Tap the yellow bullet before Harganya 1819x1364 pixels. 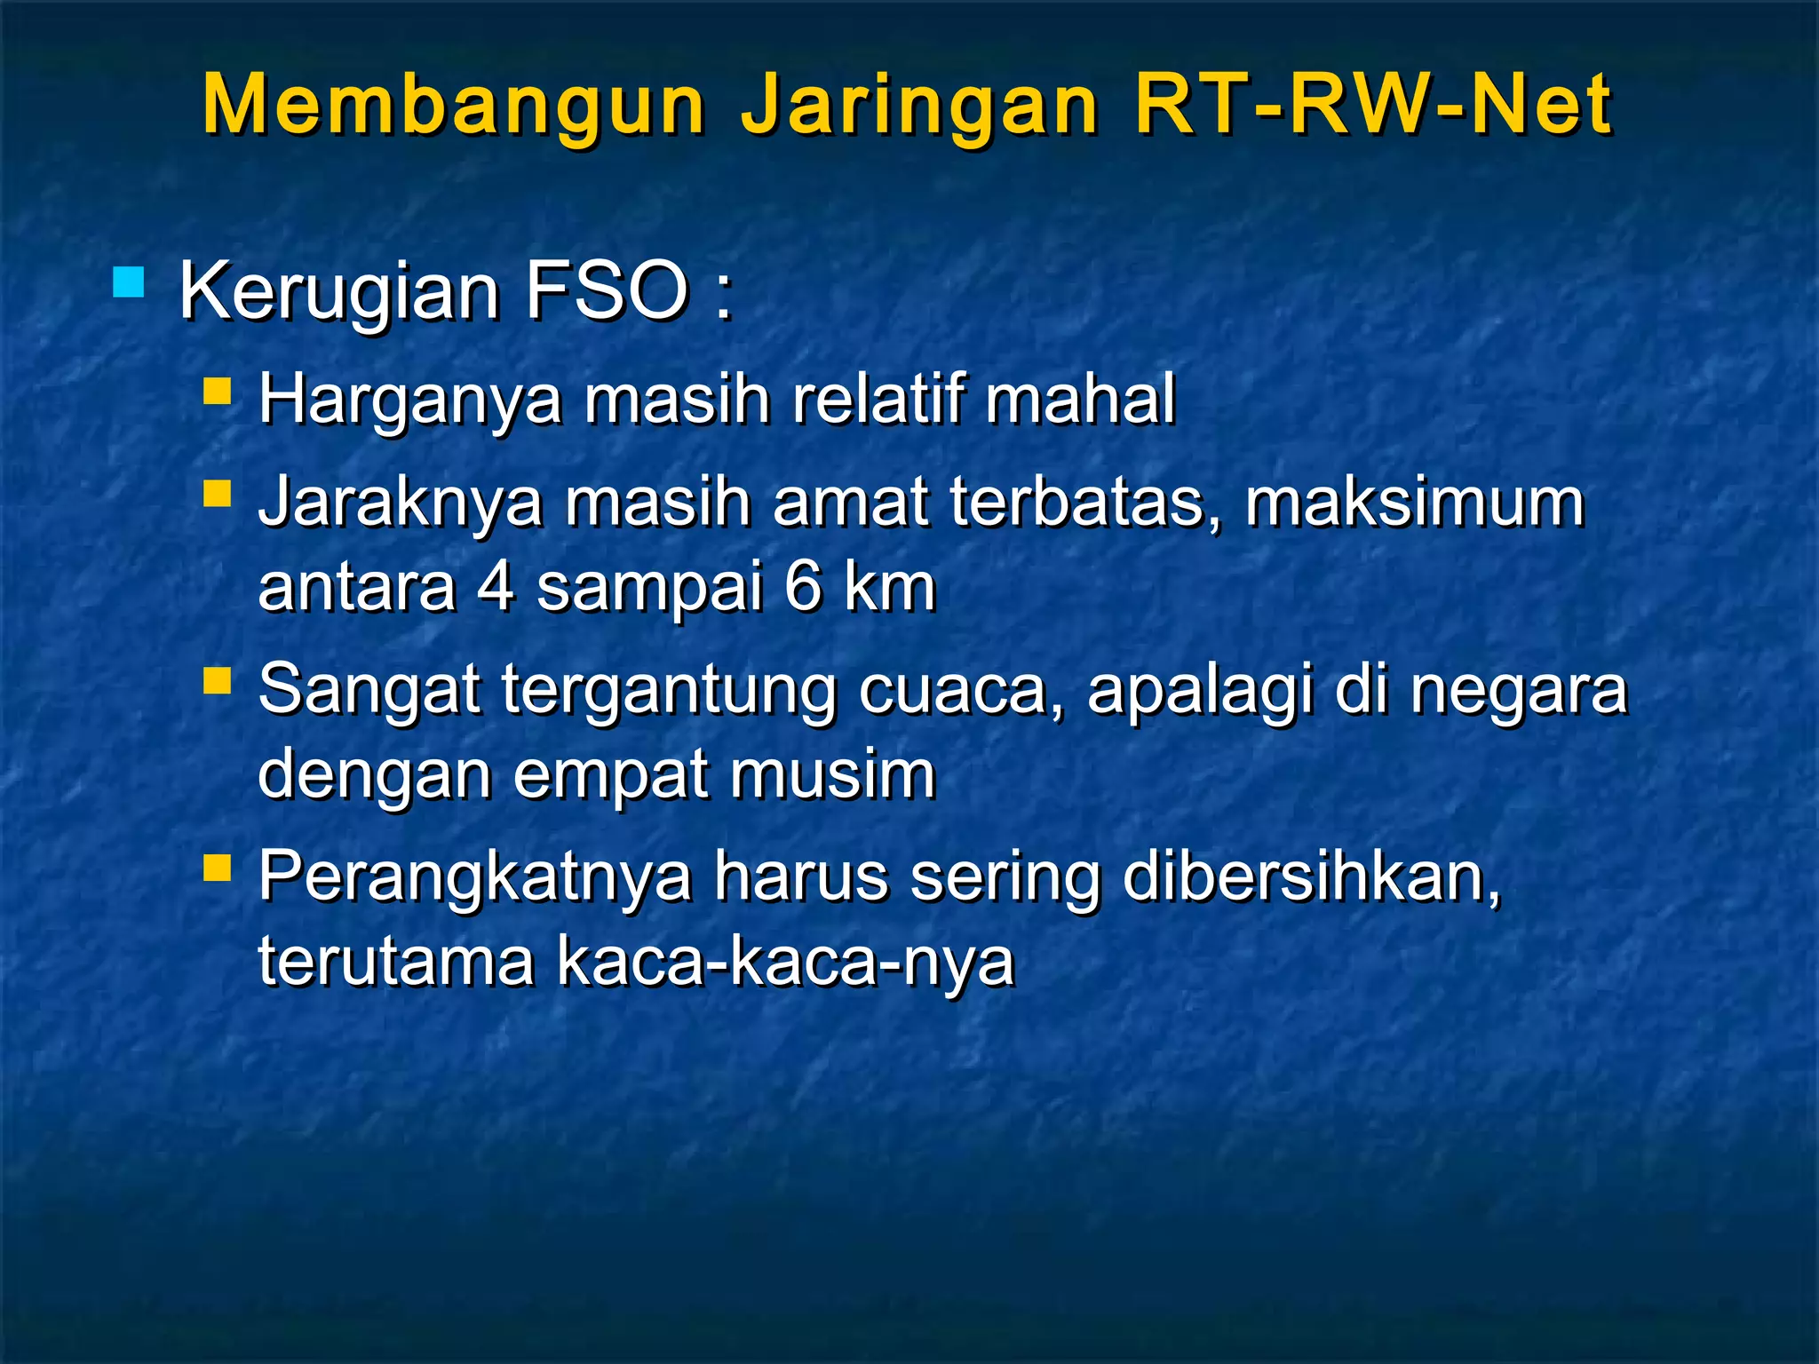click(x=217, y=392)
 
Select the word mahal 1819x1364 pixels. click(x=1080, y=399)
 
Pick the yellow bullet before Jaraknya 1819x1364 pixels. click(x=217, y=493)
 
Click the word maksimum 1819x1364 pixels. click(x=1414, y=502)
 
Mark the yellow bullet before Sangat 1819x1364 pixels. click(x=217, y=680)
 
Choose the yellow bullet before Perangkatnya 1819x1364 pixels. click(x=217, y=867)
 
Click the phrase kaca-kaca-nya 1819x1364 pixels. click(x=786, y=962)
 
